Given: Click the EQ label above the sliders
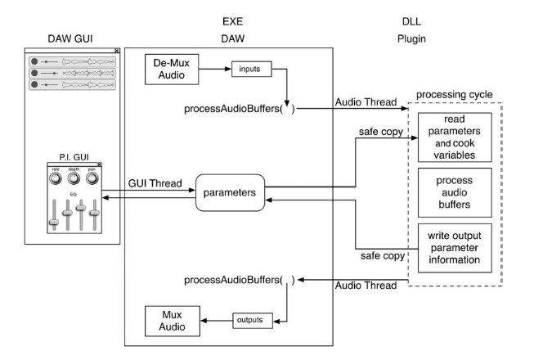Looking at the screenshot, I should [73, 194].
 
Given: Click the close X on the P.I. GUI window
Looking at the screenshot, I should [101, 164].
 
